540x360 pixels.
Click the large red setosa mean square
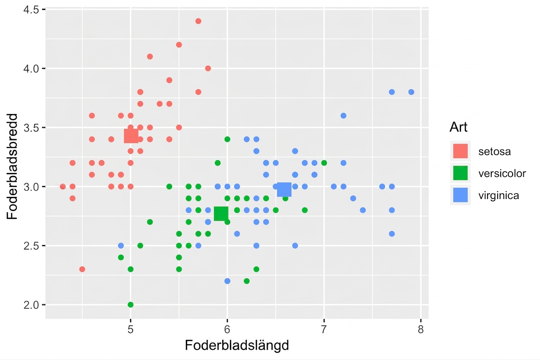pos(131,136)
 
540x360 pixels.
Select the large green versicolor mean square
pos(221,214)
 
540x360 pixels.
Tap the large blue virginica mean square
pos(284,190)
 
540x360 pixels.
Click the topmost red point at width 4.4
pos(198,21)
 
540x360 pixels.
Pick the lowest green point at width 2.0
pos(131,305)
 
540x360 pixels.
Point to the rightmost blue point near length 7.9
pos(411,92)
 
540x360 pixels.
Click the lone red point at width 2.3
pos(82,269)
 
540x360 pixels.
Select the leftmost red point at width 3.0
pos(63,187)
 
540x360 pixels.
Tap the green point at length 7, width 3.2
pos(324,163)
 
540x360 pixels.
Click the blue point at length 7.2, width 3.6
pos(343,116)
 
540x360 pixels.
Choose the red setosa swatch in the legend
pos(461,151)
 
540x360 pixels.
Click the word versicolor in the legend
pos(502,173)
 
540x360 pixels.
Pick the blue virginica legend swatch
pos(461,195)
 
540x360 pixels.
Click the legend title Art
pos(458,127)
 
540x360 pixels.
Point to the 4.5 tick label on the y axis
pos(31,10)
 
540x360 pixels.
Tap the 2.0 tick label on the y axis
pos(31,305)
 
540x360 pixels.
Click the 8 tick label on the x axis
pos(421,330)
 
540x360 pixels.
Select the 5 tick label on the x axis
pos(130,330)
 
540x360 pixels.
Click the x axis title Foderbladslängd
pos(237,345)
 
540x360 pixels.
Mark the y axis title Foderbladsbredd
pos(12,166)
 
